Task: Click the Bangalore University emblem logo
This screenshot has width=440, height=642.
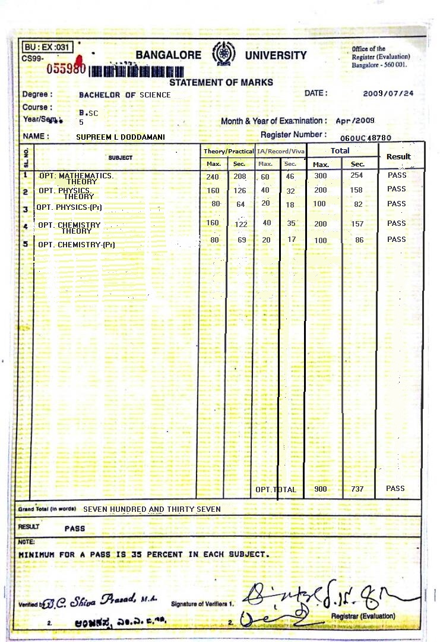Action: point(223,53)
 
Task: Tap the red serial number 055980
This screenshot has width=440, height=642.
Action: point(67,68)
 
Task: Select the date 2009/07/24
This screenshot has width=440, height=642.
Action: point(388,93)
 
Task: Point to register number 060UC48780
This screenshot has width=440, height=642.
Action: point(365,138)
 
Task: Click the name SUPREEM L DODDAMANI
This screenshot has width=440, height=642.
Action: point(121,137)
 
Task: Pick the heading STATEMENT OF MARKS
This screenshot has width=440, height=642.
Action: point(221,83)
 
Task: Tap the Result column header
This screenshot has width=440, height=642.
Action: point(398,156)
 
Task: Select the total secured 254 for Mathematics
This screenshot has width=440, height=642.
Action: point(356,176)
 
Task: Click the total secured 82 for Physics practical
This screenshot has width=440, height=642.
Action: point(358,204)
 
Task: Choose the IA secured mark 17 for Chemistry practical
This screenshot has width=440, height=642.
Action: point(291,240)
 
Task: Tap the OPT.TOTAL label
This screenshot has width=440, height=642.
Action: point(276,489)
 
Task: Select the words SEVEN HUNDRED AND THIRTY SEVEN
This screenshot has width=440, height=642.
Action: point(152,509)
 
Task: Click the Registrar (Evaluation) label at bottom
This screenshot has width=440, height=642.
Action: point(363,616)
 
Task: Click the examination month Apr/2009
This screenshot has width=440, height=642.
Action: point(355,121)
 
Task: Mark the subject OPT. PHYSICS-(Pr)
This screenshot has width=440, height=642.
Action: point(70,207)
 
